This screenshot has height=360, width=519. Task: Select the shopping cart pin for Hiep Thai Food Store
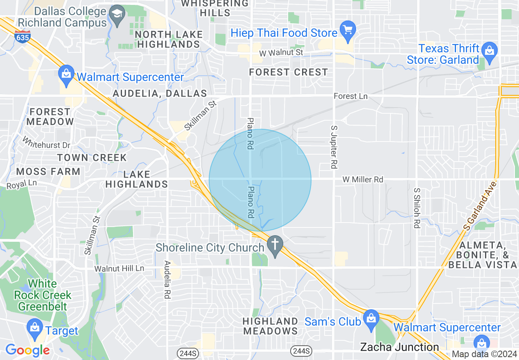point(348,30)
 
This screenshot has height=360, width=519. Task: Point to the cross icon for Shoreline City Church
point(275,245)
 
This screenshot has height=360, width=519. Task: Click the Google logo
point(27,350)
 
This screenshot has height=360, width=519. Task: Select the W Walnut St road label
point(281,53)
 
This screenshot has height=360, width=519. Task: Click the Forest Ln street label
point(350,96)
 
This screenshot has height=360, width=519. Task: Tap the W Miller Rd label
point(363,179)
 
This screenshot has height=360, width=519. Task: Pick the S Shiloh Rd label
point(417,208)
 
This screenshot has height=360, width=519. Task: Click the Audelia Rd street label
point(167,280)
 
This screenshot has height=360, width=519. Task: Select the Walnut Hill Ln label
point(119,269)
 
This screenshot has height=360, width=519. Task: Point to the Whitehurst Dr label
point(46,143)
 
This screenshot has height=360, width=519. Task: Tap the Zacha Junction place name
point(399,347)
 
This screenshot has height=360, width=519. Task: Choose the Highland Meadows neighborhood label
point(270,326)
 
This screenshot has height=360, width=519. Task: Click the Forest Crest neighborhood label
point(289,72)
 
